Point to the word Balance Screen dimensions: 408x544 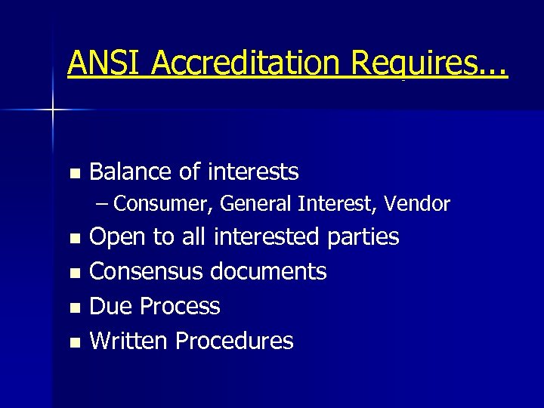131,172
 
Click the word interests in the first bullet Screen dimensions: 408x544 253,172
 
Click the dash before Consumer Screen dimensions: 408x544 104,204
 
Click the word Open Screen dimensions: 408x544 118,237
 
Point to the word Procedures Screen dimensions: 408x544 233,341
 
